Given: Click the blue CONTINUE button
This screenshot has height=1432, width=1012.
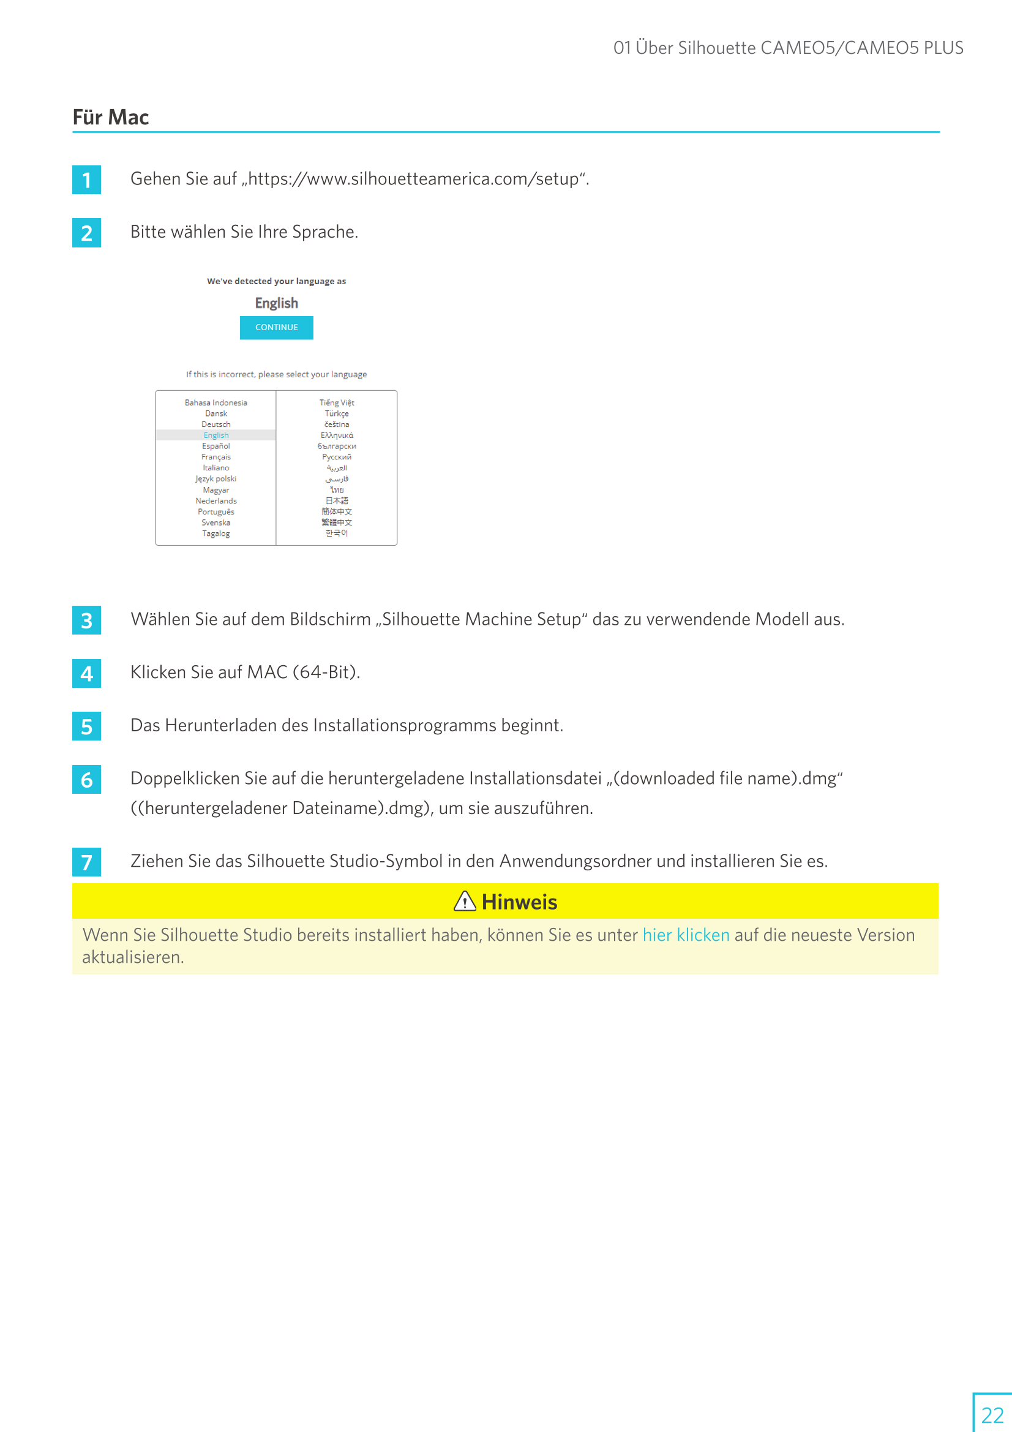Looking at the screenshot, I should click(x=276, y=328).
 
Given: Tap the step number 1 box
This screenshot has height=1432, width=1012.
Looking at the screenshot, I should click(x=87, y=179).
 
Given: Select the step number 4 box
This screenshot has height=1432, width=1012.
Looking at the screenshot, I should click(x=87, y=673).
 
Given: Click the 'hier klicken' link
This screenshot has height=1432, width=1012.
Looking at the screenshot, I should click(x=685, y=934).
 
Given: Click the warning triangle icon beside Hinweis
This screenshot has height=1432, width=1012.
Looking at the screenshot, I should click(x=465, y=901).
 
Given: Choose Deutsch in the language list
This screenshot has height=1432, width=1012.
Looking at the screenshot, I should click(x=216, y=424).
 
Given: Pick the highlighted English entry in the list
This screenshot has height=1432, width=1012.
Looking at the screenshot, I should click(x=216, y=435).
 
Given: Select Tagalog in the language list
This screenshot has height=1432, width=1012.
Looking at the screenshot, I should click(x=216, y=533).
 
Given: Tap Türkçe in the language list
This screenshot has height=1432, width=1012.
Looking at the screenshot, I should click(x=337, y=413).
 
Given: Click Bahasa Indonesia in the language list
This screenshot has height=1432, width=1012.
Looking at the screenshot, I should click(x=216, y=402).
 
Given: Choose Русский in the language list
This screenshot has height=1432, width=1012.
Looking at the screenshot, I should click(x=337, y=457).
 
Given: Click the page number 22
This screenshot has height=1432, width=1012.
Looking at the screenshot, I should click(x=992, y=1414).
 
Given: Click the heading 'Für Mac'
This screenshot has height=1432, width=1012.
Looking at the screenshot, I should click(x=111, y=117).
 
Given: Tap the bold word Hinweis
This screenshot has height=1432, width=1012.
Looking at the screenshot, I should click(x=519, y=902).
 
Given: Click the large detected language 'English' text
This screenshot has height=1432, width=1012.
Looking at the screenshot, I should click(x=276, y=303).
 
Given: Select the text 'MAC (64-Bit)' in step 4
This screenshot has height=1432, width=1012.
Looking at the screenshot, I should click(x=303, y=672).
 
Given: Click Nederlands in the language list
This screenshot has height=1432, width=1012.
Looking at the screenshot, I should click(x=216, y=501).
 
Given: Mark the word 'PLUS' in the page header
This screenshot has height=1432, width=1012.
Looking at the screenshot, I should click(x=943, y=48).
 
